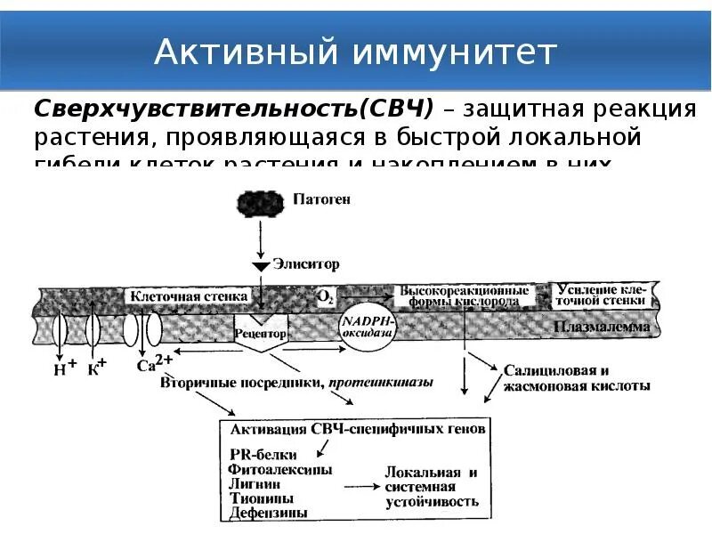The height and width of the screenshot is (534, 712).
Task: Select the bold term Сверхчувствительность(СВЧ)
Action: click(x=233, y=109)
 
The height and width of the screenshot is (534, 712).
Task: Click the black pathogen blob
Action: click(x=261, y=202)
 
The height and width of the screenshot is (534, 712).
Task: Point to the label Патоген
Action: click(x=322, y=198)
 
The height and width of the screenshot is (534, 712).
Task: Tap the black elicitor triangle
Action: click(x=261, y=266)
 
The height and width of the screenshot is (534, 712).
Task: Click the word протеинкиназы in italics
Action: click(x=381, y=383)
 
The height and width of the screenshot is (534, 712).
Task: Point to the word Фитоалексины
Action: click(x=280, y=469)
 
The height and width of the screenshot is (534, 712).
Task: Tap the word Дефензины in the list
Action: click(x=269, y=513)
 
